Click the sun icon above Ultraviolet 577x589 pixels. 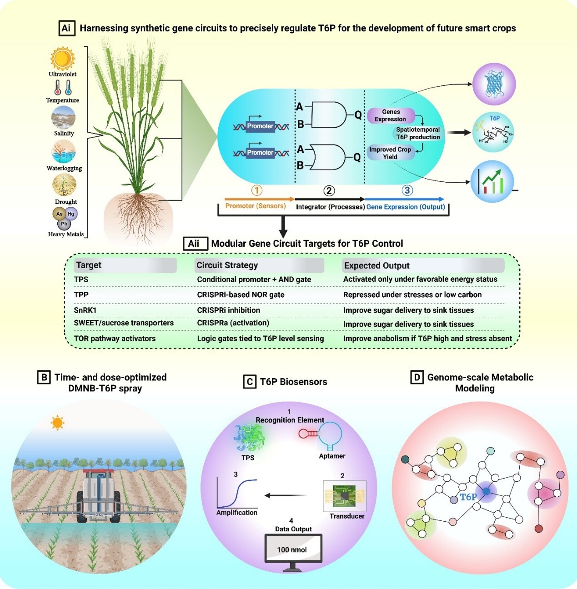click(x=62, y=59)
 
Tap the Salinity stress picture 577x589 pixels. click(x=63, y=118)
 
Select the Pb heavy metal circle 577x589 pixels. click(x=64, y=224)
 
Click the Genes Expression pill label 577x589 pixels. click(x=391, y=115)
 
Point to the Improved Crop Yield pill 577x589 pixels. click(x=390, y=153)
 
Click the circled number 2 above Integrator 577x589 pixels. click(x=329, y=191)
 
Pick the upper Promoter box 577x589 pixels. click(x=260, y=126)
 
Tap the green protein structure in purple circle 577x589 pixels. click(x=494, y=84)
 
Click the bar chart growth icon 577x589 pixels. click(x=492, y=181)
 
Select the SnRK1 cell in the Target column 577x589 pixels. click(x=85, y=310)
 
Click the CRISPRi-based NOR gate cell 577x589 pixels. click(x=241, y=294)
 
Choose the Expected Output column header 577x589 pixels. click(x=377, y=265)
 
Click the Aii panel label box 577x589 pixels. click(x=194, y=244)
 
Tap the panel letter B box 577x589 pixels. click(x=44, y=377)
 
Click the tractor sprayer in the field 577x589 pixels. click(x=99, y=495)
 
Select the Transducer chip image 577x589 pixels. click(x=344, y=496)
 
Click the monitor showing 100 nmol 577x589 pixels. click(x=293, y=551)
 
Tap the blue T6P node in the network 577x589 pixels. click(x=487, y=491)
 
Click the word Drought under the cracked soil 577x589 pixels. click(x=66, y=202)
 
